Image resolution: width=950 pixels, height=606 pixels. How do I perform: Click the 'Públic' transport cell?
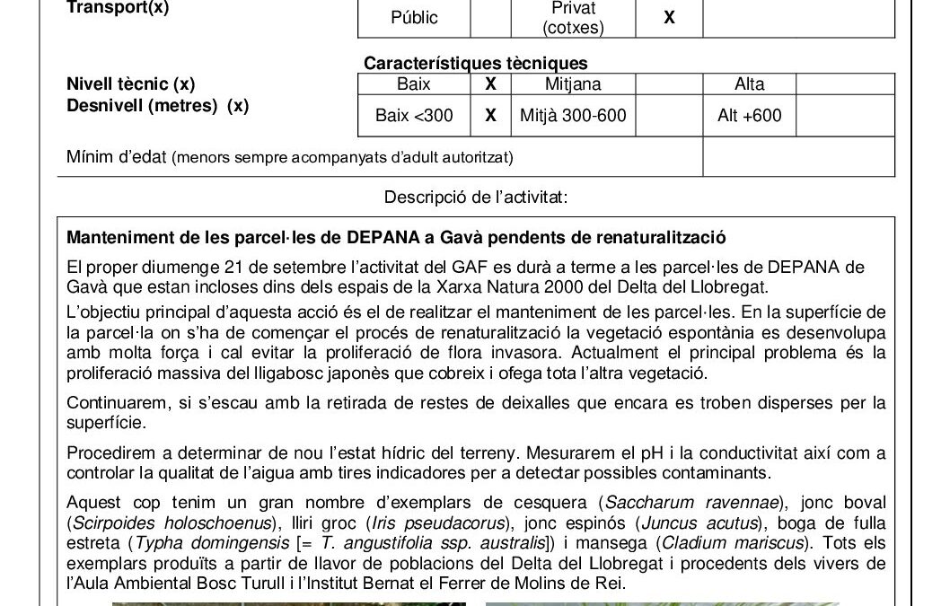pyautogui.click(x=414, y=17)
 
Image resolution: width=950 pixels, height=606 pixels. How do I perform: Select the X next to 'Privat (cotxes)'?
pyautogui.click(x=669, y=17)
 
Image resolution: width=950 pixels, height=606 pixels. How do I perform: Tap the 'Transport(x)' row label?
pyautogui.click(x=118, y=7)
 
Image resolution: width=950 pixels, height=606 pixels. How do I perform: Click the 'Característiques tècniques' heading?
pyautogui.click(x=476, y=63)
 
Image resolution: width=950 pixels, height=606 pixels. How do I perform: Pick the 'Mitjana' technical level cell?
pyautogui.click(x=573, y=84)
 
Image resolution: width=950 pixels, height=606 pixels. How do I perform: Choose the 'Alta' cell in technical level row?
pyautogui.click(x=749, y=84)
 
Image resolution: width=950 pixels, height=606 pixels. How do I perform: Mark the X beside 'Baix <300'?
pyautogui.click(x=490, y=115)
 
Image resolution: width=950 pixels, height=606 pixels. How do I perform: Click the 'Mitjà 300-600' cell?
pyautogui.click(x=573, y=115)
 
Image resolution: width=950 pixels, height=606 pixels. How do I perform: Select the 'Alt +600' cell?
pyautogui.click(x=749, y=115)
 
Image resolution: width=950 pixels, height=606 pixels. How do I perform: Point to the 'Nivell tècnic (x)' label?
pyautogui.click(x=130, y=84)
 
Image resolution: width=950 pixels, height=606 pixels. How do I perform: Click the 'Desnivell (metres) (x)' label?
pyautogui.click(x=157, y=105)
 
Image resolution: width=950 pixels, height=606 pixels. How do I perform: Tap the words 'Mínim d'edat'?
pyautogui.click(x=117, y=157)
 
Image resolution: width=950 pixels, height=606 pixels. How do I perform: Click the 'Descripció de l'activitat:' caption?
pyautogui.click(x=476, y=197)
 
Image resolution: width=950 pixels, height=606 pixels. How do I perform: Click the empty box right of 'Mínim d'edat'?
pyautogui.click(x=798, y=157)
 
